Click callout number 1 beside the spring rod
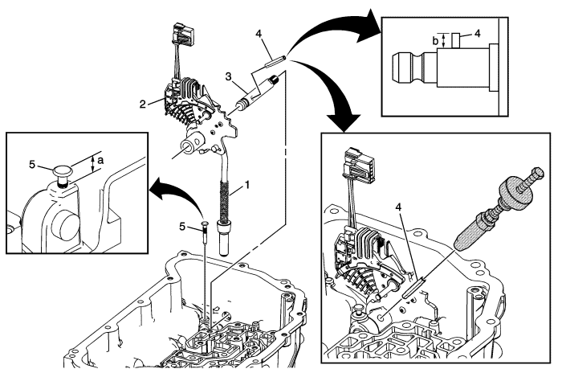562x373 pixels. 247,185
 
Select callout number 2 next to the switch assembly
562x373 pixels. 143,105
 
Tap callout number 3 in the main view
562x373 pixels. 228,76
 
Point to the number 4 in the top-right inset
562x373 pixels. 477,34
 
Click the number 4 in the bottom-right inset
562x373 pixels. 399,207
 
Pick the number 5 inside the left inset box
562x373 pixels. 32,165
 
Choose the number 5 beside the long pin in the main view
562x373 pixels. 182,227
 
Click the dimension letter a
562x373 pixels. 100,160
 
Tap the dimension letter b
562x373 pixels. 435,41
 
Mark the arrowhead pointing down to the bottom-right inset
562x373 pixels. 344,121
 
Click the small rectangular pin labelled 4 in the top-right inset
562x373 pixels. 455,40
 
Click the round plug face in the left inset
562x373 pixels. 65,227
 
